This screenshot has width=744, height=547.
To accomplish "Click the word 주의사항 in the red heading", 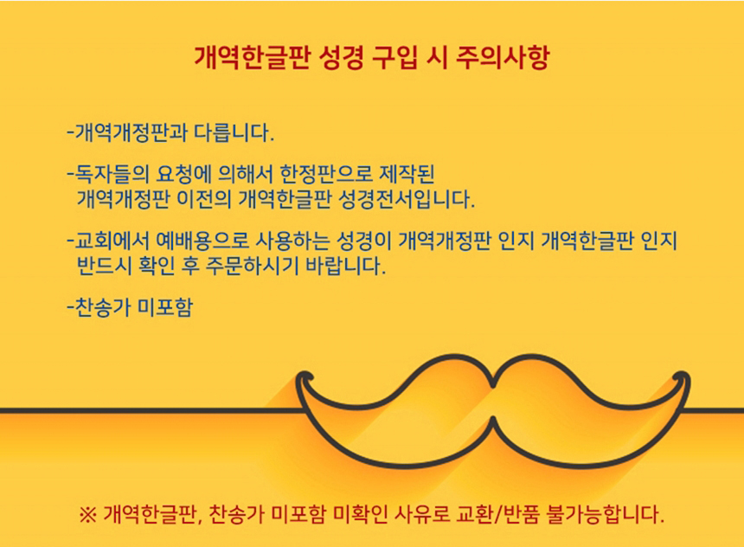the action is click(x=503, y=57).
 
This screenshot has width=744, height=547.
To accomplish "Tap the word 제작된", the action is click(x=407, y=174).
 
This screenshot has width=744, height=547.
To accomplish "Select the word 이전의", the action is click(x=203, y=199).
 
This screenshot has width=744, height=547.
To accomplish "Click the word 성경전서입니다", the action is click(x=406, y=199).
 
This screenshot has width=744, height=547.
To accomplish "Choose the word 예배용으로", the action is click(x=202, y=241).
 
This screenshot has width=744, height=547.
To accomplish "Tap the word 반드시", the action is click(x=104, y=266).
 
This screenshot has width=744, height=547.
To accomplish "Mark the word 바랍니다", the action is click(x=346, y=266).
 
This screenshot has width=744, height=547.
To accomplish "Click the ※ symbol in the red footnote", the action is click(x=87, y=514).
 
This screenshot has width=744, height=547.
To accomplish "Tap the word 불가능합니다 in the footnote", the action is click(x=606, y=514).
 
